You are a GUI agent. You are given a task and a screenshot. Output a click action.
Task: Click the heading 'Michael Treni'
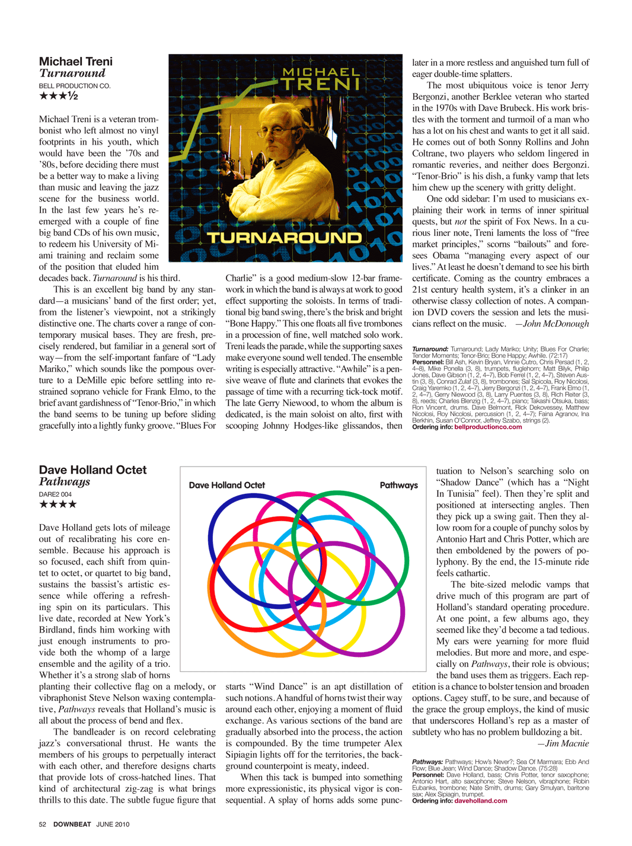coord(75,62)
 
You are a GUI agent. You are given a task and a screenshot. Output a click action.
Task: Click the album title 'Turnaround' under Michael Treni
coord(72,74)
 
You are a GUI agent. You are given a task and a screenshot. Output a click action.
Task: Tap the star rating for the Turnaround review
coord(58,96)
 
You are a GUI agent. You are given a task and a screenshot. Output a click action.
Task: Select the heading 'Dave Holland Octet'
coord(92,470)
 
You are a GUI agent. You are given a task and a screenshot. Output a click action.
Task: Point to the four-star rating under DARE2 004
coord(58,505)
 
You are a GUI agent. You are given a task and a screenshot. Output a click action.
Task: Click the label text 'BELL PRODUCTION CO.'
coord(75,86)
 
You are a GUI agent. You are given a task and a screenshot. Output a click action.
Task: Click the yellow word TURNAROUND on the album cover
coord(284,238)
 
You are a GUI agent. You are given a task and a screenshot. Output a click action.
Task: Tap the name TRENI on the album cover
coord(321,84)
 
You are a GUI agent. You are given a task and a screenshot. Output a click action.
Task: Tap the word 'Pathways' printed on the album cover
coord(398,485)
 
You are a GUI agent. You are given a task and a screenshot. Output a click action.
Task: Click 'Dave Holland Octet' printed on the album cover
coord(226,485)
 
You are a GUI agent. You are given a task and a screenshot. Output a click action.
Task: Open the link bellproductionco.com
coord(488,427)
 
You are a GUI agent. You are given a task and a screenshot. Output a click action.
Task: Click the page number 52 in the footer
coord(43,824)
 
